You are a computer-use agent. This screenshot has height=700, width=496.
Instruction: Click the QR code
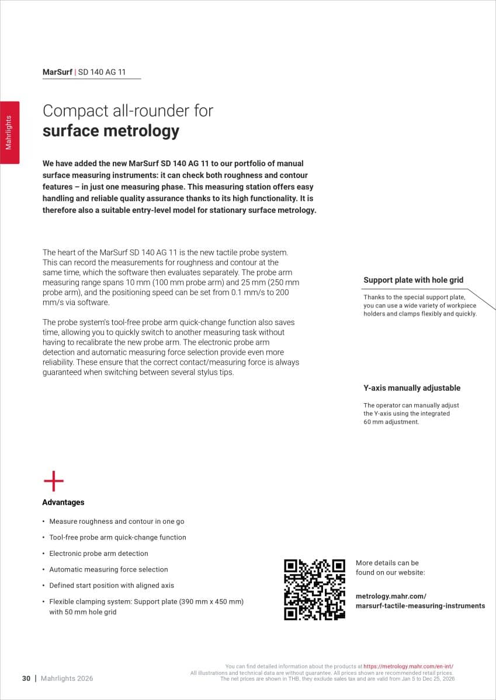pyautogui.click(x=314, y=589)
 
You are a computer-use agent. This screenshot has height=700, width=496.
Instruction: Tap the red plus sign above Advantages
pyautogui.click(x=54, y=482)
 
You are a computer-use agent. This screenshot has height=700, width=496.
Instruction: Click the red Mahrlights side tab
pyautogui.click(x=9, y=132)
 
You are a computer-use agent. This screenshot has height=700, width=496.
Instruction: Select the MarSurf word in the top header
pyautogui.click(x=57, y=72)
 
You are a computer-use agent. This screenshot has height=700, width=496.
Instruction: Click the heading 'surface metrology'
pyautogui.click(x=110, y=131)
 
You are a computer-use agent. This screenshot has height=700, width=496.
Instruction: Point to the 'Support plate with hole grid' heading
pyautogui.click(x=413, y=280)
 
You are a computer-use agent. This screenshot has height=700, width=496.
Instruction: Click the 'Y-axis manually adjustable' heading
pyautogui.click(x=412, y=388)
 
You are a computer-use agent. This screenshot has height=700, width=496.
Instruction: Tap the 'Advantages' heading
pyautogui.click(x=63, y=502)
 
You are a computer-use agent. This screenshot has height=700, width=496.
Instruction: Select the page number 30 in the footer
pyautogui.click(x=26, y=678)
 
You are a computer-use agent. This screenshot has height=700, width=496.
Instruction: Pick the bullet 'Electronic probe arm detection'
pyautogui.click(x=99, y=554)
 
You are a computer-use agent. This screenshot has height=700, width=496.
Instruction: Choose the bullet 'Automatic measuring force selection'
pyautogui.click(x=108, y=569)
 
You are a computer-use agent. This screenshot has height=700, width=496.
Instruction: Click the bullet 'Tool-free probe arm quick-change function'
pyautogui.click(x=117, y=537)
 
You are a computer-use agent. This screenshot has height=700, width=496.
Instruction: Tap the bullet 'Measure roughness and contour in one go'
pyautogui.click(x=116, y=521)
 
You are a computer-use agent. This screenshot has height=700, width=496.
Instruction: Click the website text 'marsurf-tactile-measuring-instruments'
pyautogui.click(x=420, y=605)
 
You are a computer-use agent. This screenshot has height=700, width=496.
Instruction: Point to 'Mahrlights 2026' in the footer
pyautogui.click(x=67, y=678)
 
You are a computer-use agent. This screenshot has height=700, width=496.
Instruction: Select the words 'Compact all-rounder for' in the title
pyautogui.click(x=128, y=110)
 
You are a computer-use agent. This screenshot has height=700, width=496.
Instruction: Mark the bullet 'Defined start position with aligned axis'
pyautogui.click(x=112, y=585)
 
